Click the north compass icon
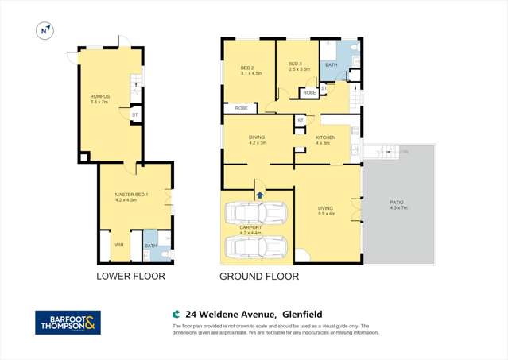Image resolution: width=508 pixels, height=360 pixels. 45,30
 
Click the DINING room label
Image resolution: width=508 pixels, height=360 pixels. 258,139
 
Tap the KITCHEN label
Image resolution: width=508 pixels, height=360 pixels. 325,139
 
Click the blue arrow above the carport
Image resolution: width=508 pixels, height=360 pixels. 259,193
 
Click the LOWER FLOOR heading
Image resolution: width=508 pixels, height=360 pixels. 130,277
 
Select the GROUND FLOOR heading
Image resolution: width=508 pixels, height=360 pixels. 259,277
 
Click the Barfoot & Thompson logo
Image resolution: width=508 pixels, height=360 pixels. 68,322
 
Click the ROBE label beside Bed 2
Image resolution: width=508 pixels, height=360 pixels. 240,107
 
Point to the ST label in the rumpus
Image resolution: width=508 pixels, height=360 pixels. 134,115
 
